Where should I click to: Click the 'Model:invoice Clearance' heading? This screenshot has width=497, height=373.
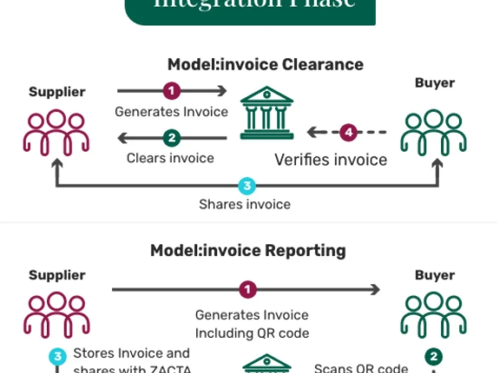265,65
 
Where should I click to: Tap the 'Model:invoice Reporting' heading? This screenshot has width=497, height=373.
248,250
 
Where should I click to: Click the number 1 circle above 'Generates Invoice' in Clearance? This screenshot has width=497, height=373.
171,91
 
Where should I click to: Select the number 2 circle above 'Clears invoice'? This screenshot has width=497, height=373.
171,138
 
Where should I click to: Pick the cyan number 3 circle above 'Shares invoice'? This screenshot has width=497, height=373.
247,186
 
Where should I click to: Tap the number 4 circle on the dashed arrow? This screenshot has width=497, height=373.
349,132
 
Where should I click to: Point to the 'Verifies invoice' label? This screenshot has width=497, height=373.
331,160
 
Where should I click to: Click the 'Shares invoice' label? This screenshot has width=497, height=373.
245,204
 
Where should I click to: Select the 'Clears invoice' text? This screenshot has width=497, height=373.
170,158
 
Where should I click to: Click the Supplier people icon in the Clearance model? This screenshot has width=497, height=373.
56,132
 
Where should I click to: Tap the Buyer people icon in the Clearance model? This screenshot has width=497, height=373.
433,131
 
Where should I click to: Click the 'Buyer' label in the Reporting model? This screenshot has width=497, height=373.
434,275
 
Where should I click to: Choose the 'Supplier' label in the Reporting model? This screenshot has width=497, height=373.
57,275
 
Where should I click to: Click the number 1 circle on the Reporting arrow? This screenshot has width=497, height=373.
248,289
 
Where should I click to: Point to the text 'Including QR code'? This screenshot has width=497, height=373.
251,333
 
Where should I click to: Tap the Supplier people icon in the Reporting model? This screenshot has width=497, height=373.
56,315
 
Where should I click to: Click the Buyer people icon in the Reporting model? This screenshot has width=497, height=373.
433,315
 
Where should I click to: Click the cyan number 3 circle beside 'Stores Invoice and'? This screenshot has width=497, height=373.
58,357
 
